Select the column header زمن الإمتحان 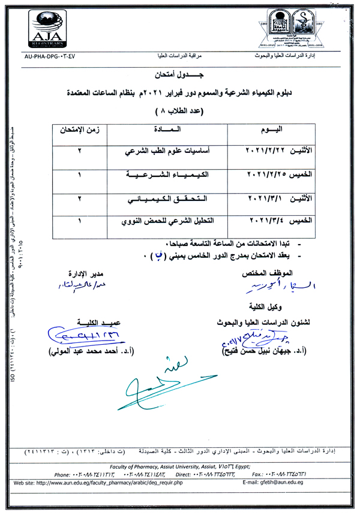[x=79, y=129]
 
